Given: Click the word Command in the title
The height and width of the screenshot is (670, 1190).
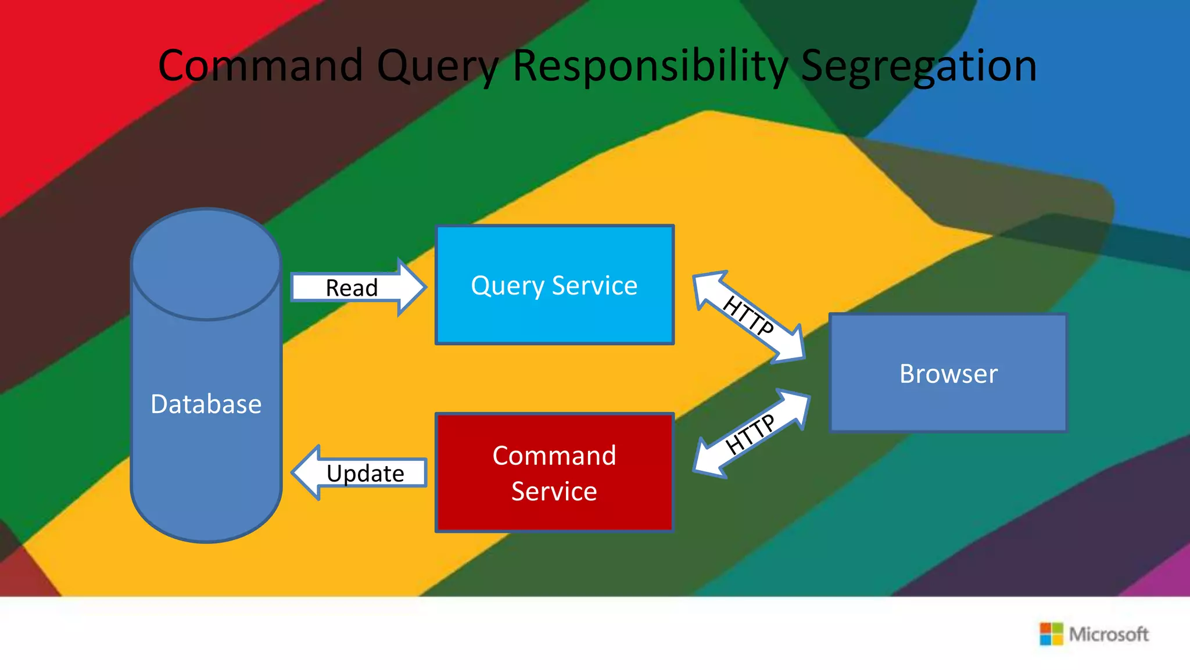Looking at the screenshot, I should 260,65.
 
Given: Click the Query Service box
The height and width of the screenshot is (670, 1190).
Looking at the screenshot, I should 554,314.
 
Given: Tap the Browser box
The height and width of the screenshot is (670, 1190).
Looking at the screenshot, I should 948,401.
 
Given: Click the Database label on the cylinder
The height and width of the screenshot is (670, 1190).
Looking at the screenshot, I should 206,404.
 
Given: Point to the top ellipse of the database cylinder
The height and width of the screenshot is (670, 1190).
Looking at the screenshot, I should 206,264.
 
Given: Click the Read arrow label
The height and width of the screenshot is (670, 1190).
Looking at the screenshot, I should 352,288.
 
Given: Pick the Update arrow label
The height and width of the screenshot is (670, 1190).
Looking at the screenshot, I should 365,473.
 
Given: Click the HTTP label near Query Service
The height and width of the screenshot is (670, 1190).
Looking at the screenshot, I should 748,316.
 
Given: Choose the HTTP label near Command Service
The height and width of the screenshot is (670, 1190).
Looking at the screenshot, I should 750,434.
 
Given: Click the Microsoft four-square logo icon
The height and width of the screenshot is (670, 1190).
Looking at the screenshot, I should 1051,633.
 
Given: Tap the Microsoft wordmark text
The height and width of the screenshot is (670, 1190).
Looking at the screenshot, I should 1109,634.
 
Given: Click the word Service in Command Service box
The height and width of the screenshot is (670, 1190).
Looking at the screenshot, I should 554,492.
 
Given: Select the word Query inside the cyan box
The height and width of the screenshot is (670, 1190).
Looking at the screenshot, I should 507,286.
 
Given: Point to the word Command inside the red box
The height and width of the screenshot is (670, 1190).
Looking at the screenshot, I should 554,456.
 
